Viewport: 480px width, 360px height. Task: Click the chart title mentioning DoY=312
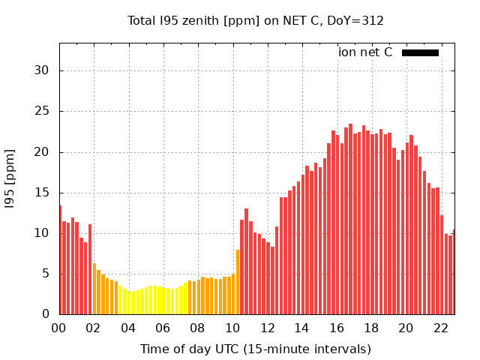tap(255, 20)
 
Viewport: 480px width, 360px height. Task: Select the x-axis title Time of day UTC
tap(255, 349)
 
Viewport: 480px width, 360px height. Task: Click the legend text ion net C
tap(365, 52)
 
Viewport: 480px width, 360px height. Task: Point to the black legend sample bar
tap(420, 52)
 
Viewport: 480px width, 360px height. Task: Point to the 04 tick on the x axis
tap(128, 328)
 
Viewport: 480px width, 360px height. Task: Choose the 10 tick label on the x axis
tap(232, 328)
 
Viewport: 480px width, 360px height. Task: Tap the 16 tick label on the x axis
tap(337, 328)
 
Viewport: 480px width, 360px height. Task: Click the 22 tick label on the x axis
tap(440, 328)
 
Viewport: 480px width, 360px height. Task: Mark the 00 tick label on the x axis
tap(59, 328)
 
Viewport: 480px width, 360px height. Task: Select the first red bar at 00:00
tap(61, 259)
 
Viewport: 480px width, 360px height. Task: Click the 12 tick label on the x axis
tap(267, 328)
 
